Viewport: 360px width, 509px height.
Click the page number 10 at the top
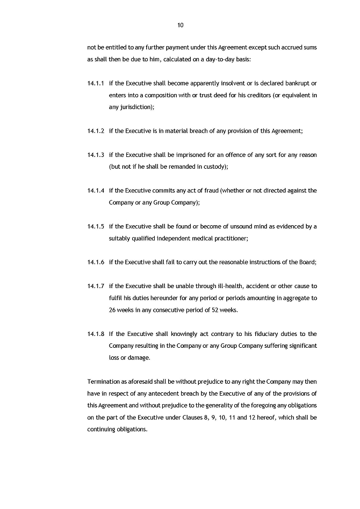point(181,25)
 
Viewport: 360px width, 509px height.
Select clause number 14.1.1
point(95,83)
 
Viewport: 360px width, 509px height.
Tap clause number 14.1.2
point(95,131)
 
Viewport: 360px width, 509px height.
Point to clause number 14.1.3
point(95,155)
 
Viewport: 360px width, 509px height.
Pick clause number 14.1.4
point(95,191)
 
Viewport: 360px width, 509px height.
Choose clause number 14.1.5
point(95,226)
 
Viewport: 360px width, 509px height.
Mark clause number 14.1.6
point(95,262)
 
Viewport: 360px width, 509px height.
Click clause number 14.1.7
point(95,286)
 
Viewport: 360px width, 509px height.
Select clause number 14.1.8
point(95,334)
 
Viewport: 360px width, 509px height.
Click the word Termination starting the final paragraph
point(104,382)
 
